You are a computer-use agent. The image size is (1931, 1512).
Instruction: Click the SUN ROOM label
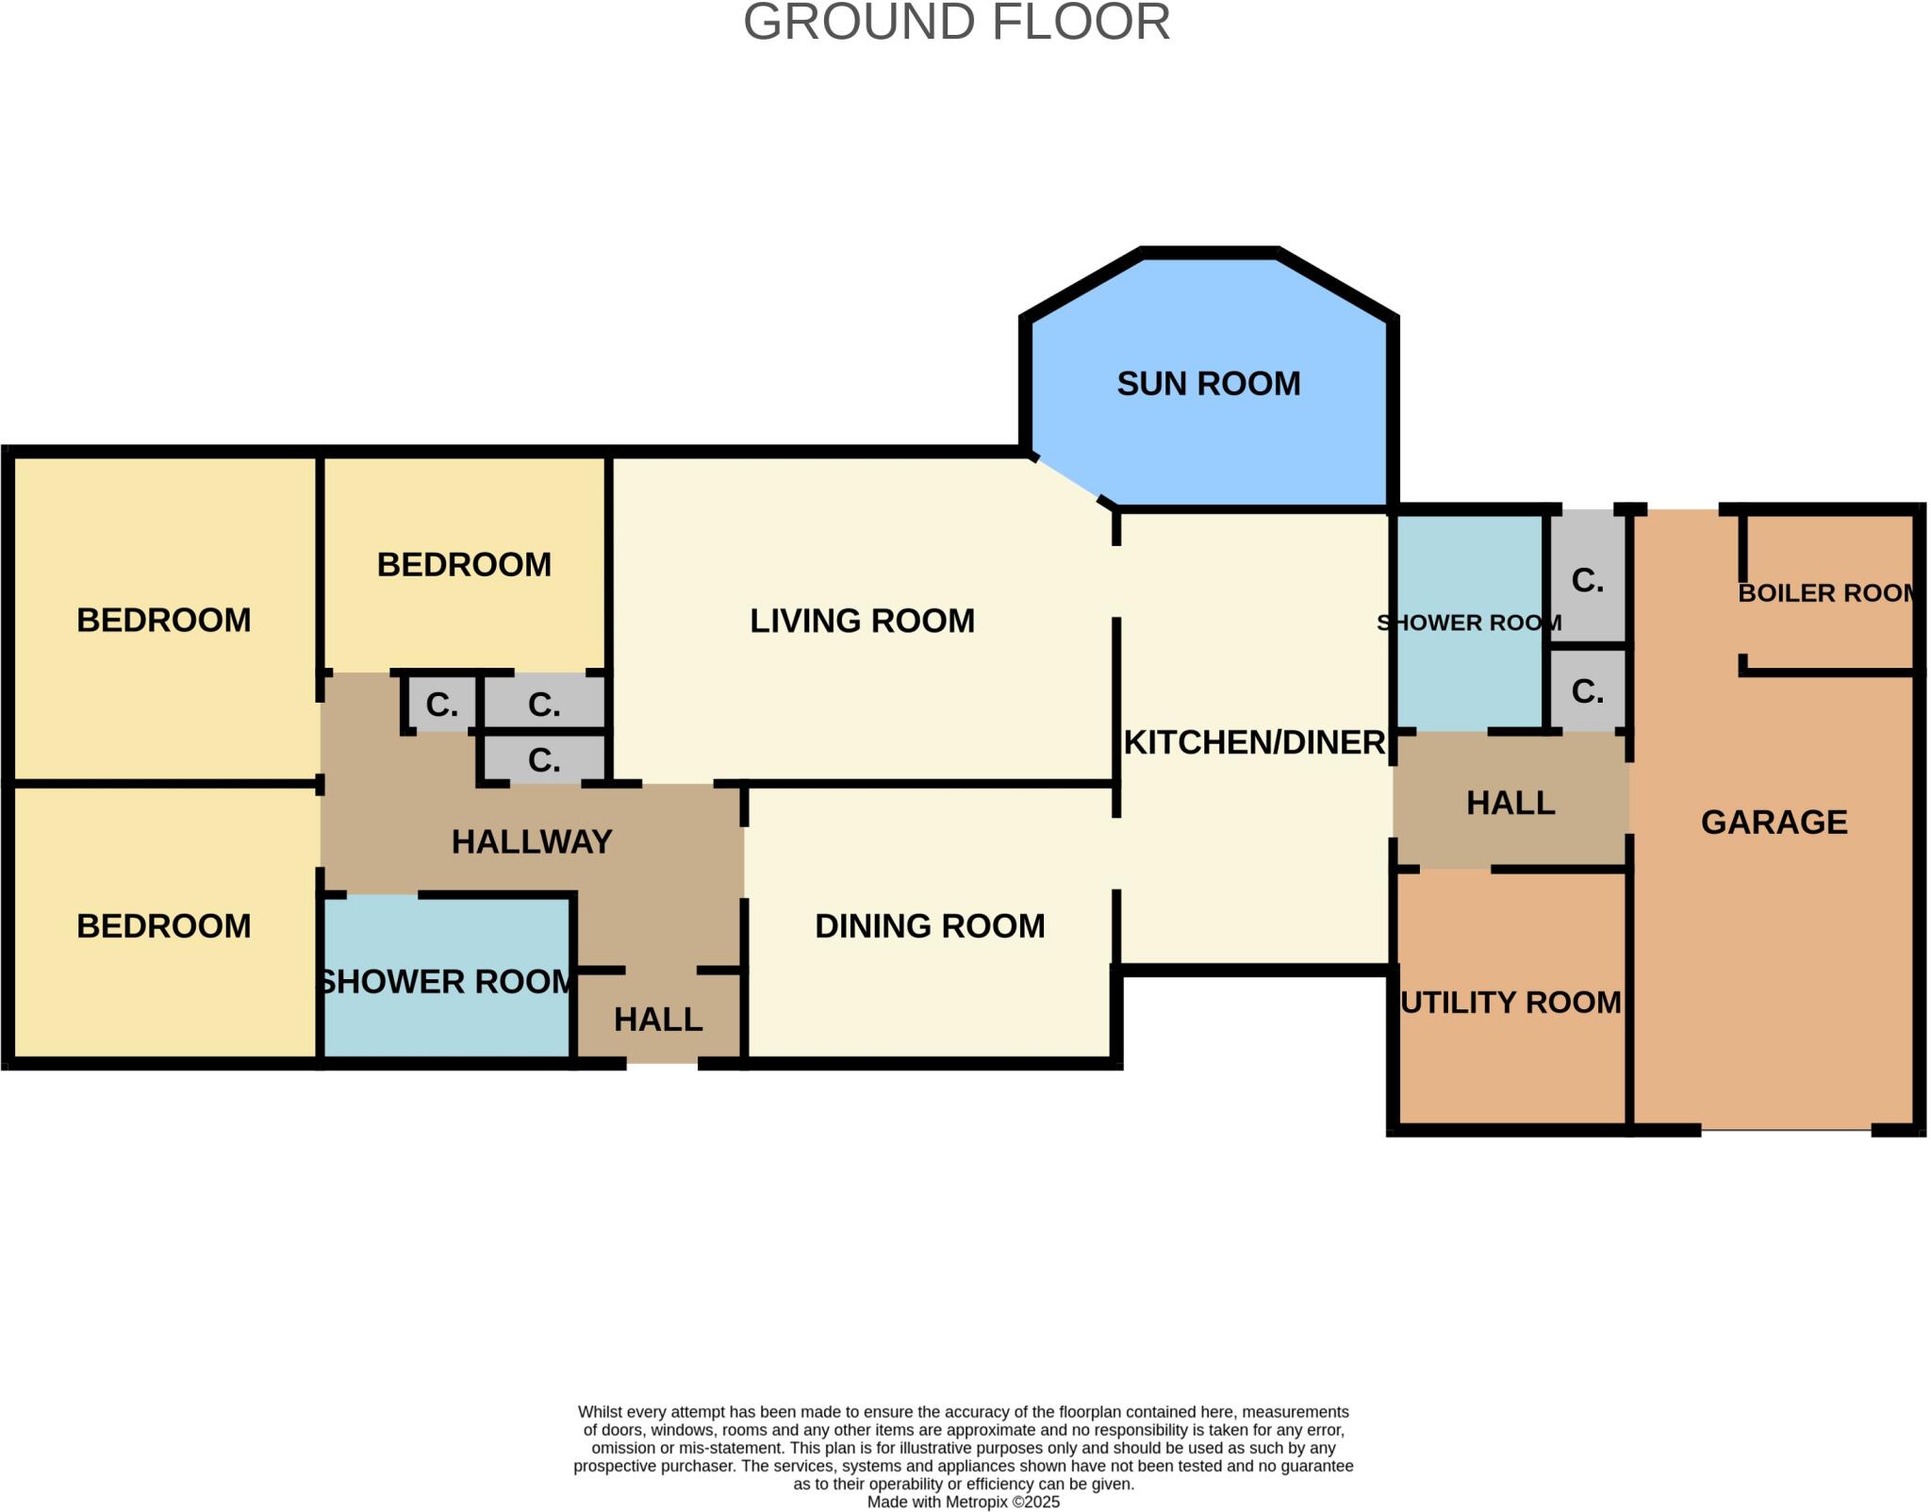[1208, 384]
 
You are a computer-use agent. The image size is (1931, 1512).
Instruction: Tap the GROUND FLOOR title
[956, 23]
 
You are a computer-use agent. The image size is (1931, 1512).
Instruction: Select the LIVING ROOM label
[862, 621]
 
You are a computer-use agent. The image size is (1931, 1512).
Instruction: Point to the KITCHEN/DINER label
[1254, 742]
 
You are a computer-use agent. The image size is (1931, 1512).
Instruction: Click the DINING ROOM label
[930, 925]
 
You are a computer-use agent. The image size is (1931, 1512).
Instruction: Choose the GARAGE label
[1774, 822]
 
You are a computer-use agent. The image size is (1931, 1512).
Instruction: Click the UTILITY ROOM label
[1510, 1002]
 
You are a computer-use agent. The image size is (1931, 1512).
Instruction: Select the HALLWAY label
[532, 841]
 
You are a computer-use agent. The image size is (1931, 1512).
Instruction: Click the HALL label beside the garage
[1510, 803]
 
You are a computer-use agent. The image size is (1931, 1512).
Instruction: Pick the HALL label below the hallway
[658, 1019]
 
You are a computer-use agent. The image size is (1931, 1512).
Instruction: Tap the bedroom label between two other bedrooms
[464, 564]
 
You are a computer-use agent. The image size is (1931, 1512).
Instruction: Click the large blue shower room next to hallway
[446, 981]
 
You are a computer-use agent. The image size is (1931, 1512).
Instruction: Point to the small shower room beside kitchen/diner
[1469, 623]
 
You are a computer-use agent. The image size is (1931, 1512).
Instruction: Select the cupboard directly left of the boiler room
[1588, 580]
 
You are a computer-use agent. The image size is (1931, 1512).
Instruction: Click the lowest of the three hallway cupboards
[544, 759]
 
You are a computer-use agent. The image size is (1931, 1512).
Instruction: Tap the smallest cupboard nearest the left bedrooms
[441, 704]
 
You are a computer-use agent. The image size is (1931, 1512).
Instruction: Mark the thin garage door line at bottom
[1786, 1129]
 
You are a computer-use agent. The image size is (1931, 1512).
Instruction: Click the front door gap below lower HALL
[662, 1064]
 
